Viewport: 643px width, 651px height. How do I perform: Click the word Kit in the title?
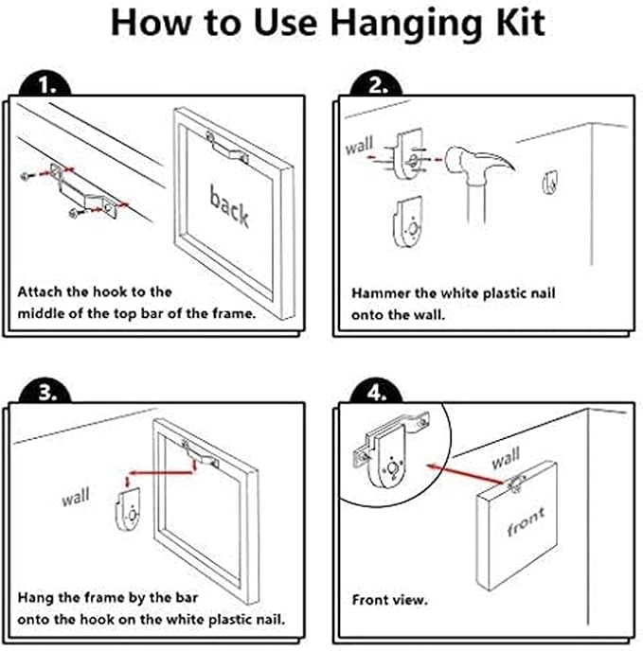521,23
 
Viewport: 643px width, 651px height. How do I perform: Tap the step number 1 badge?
45,84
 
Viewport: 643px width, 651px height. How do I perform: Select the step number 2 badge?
377,84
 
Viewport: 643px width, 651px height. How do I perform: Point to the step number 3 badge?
45,390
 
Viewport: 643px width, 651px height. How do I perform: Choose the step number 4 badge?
377,390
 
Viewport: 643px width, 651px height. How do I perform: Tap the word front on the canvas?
526,521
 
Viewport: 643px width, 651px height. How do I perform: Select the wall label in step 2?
360,146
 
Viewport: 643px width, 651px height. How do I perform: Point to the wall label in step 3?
76,497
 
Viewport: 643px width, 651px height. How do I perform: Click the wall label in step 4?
506,458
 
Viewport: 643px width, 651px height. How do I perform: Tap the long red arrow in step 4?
466,474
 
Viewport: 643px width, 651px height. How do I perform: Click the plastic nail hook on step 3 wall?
128,510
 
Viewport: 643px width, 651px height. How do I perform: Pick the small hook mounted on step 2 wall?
551,182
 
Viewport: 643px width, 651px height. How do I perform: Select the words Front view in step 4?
390,600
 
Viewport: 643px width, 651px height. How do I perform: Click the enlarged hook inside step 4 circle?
391,450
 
